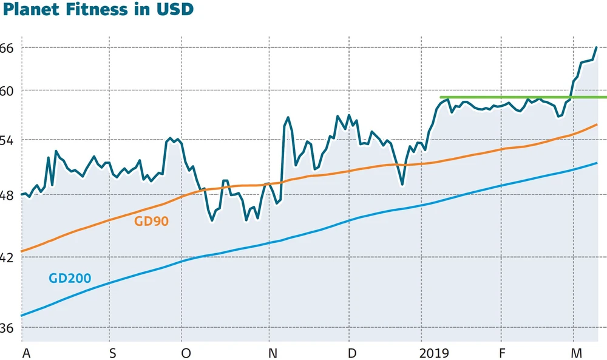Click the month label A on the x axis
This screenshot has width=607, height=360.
[25, 353]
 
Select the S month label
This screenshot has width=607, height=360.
[112, 353]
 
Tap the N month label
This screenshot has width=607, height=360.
[273, 353]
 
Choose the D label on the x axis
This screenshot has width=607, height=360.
[351, 353]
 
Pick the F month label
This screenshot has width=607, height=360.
[502, 353]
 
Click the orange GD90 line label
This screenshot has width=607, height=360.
[151, 221]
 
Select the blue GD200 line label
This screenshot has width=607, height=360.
[69, 279]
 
